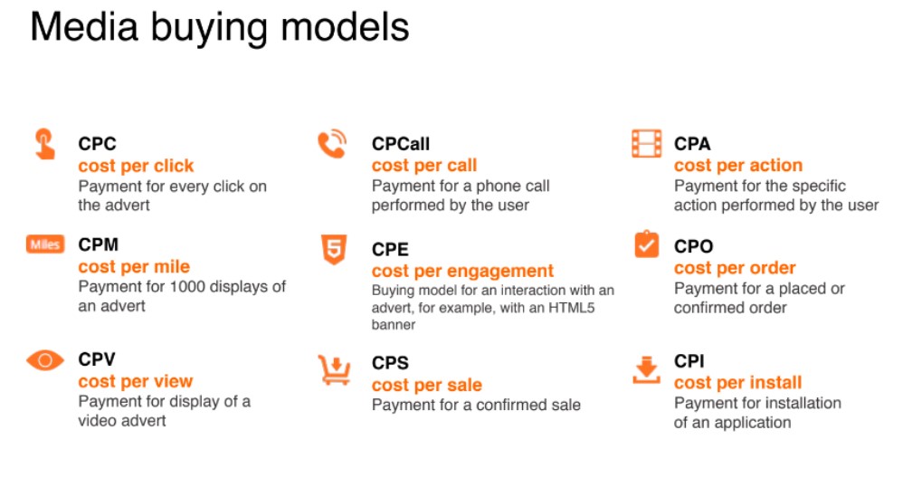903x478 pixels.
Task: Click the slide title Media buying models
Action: (x=219, y=28)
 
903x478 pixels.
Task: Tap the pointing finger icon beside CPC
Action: (x=44, y=144)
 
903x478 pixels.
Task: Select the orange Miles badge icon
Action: (x=45, y=244)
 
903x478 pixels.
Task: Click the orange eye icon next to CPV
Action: (x=45, y=360)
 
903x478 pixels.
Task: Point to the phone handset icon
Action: (x=332, y=144)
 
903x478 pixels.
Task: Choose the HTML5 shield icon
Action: (x=334, y=249)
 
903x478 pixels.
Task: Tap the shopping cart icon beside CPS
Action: (x=334, y=369)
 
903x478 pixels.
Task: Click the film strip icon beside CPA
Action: (x=647, y=143)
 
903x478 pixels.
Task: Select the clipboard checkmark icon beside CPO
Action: (x=647, y=244)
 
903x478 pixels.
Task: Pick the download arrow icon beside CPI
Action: (x=646, y=369)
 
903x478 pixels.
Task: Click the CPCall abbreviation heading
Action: (x=401, y=143)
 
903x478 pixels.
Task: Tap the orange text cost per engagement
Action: (x=462, y=271)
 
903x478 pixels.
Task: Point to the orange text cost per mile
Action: (x=134, y=267)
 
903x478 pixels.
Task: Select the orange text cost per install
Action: (x=737, y=382)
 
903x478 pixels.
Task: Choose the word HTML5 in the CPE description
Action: (x=571, y=308)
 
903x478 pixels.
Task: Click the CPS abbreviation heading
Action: (x=390, y=363)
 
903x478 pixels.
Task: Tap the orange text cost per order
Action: (x=735, y=268)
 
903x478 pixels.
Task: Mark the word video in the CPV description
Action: (x=98, y=420)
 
